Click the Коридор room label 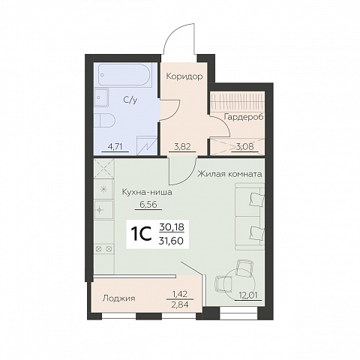(x=184, y=76)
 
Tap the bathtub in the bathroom (x=124, y=75)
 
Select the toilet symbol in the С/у (x=104, y=121)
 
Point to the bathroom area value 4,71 (x=115, y=147)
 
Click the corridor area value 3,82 (x=182, y=147)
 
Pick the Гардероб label (x=244, y=117)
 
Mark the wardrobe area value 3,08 (x=245, y=147)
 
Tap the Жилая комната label (x=229, y=174)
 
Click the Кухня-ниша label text (x=147, y=193)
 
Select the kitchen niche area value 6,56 (x=148, y=205)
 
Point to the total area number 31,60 (x=171, y=241)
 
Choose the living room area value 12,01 (x=248, y=295)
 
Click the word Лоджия (x=119, y=298)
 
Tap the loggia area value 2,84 (x=180, y=304)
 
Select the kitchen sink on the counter (x=103, y=210)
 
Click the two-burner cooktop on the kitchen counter (x=103, y=249)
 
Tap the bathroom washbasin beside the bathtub (x=101, y=97)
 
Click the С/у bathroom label (x=130, y=100)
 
